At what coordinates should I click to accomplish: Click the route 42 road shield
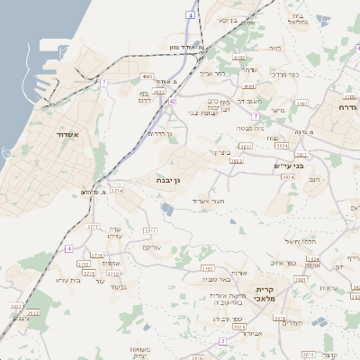[172, 102]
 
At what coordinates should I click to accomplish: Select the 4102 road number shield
[239, 57]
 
